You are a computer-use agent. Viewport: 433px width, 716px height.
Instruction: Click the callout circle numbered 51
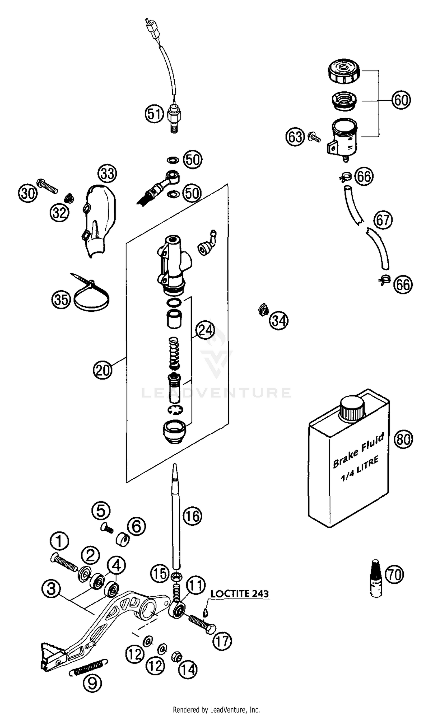(x=154, y=114)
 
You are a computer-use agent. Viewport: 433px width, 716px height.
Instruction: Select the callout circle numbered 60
(x=401, y=100)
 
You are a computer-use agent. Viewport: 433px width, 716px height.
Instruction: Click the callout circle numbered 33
(x=107, y=174)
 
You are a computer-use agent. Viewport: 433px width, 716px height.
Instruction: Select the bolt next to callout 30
(x=48, y=187)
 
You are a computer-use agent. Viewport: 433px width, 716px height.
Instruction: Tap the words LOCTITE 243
(x=239, y=594)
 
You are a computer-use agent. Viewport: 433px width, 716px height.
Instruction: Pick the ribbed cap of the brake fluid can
(x=352, y=408)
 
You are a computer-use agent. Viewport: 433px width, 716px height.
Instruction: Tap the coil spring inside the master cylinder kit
(x=174, y=352)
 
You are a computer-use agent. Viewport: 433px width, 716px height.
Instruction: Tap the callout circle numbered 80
(x=403, y=439)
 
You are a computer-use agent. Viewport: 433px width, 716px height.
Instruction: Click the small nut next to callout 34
(x=263, y=311)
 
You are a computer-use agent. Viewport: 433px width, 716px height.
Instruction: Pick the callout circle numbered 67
(x=383, y=220)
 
